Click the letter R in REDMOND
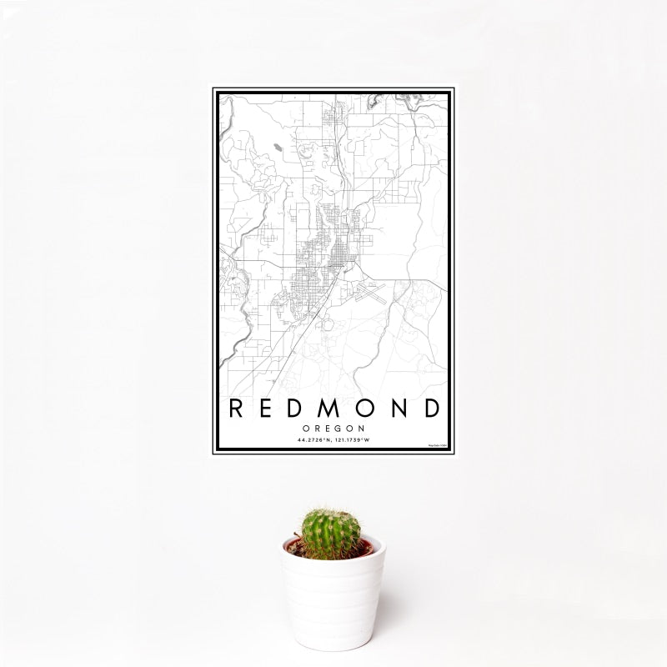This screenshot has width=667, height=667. [237, 409]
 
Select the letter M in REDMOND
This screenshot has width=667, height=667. [333, 409]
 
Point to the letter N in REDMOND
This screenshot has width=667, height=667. [398, 409]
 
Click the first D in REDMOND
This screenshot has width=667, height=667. [299, 409]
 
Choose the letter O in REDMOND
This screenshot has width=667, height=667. [367, 409]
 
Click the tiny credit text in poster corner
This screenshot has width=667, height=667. [438, 446]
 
